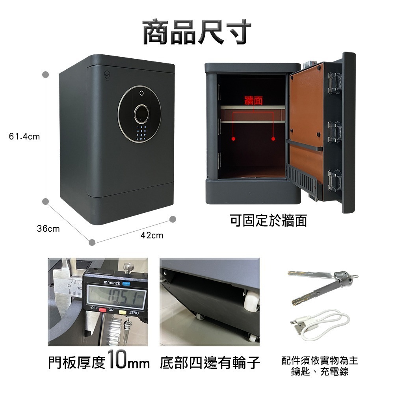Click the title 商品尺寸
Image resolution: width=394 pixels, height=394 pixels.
pos(197,31)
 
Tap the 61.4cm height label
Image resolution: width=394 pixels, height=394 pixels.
pos(24,137)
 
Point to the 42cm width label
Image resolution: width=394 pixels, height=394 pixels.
pos(152,236)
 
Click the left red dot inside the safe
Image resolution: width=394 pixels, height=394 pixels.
pos(233,139)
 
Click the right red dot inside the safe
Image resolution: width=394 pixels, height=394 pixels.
pos(273,139)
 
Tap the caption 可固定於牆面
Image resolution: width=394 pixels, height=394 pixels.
pos(268,221)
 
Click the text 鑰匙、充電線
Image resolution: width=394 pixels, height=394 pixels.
pos(320,372)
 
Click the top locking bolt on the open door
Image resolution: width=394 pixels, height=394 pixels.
pos(334,84)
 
